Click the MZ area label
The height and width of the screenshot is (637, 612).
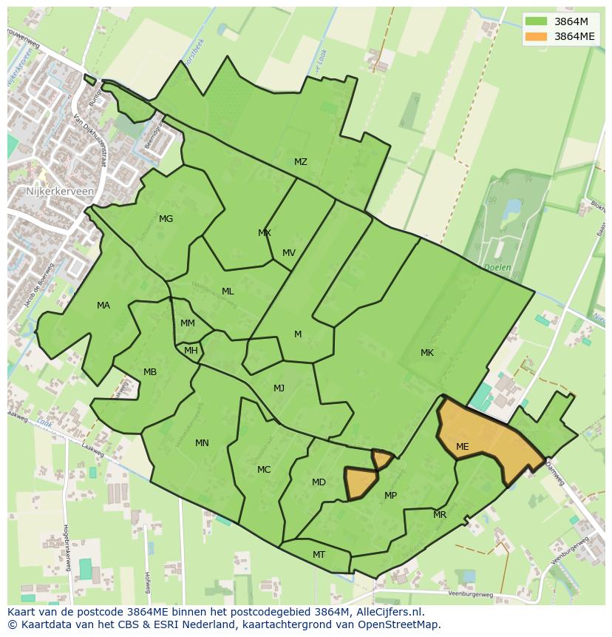point(300,162)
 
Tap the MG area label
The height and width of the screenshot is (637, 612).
point(166,219)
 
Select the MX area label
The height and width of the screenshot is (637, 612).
point(264,233)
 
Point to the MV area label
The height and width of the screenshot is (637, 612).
point(288,253)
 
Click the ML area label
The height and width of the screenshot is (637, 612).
point(228,291)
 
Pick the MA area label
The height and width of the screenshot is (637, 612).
point(103,306)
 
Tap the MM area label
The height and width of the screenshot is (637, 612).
point(188,323)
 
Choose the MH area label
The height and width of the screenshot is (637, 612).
point(191,351)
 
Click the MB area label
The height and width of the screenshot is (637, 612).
point(150,372)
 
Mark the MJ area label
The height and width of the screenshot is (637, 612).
point(279,388)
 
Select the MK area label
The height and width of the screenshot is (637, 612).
point(427,353)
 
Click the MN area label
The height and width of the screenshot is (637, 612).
point(202,443)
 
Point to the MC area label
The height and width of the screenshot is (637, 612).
point(264,470)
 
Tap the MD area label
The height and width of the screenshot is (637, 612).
point(319,482)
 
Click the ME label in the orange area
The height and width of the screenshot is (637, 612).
point(463,447)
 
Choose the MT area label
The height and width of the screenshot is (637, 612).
point(319,555)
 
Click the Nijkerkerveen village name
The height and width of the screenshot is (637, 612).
point(50,191)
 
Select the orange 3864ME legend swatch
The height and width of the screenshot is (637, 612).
point(537,36)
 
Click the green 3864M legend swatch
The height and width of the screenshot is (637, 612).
point(537,21)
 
